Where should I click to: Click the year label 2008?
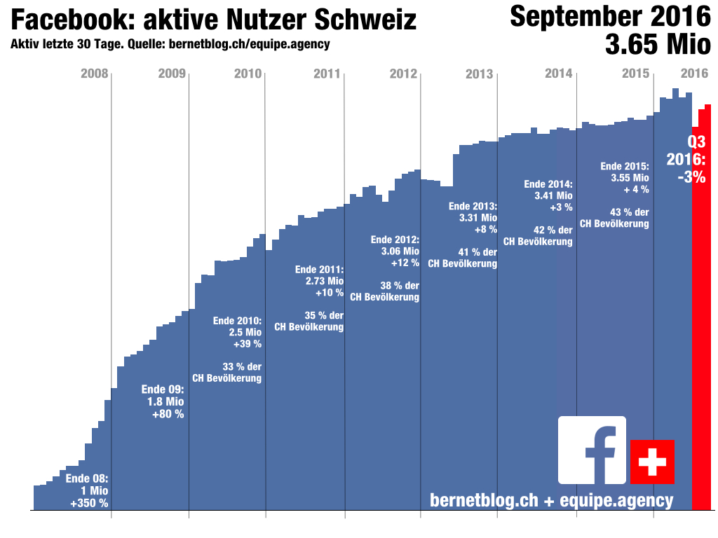click(95, 74)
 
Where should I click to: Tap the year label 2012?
click(404, 74)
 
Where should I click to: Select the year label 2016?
click(694, 74)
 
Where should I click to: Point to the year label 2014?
click(559, 74)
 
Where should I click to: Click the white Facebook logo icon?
click(592, 450)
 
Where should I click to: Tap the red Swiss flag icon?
click(652, 462)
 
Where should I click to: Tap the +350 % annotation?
click(89, 503)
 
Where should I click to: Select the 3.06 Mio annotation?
click(400, 251)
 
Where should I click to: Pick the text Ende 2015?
click(625, 166)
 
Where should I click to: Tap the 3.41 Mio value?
click(553, 195)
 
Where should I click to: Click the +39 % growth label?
click(247, 344)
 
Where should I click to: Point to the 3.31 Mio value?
click(477, 218)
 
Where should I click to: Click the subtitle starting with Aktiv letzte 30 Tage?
click(170, 44)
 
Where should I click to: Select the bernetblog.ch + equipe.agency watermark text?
click(551, 500)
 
